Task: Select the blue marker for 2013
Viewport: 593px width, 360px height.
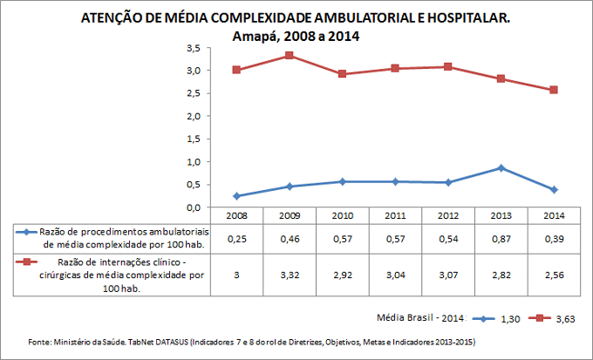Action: [501, 167]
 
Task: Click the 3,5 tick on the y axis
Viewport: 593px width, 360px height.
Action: [194, 47]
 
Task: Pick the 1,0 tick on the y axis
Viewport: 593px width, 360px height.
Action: [194, 162]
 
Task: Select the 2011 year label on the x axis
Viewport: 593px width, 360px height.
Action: [394, 215]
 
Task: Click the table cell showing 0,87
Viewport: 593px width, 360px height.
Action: [501, 238]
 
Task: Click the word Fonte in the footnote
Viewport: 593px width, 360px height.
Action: [40, 341]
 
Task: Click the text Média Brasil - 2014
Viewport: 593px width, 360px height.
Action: [419, 319]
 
